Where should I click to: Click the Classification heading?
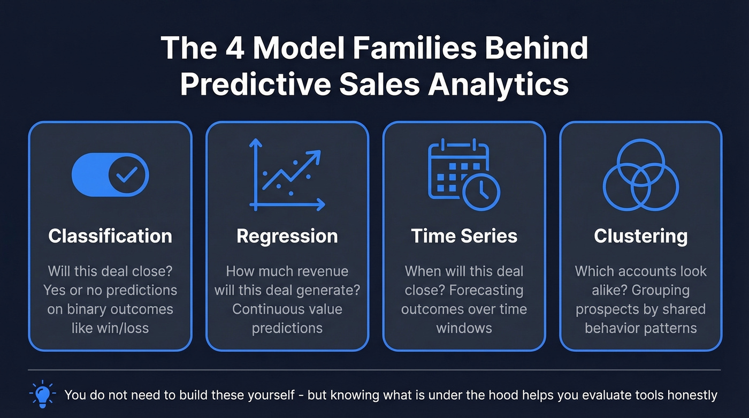[x=110, y=236]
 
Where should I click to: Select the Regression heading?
[x=287, y=236]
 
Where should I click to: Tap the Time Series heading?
[x=464, y=236]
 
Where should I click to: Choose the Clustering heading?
[x=640, y=236]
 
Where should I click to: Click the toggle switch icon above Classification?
[x=110, y=175]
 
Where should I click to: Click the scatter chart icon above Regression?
[x=287, y=175]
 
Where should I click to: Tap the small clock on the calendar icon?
[x=481, y=192]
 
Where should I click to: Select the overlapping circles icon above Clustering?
[x=640, y=175]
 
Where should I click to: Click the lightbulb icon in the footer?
[x=43, y=395]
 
